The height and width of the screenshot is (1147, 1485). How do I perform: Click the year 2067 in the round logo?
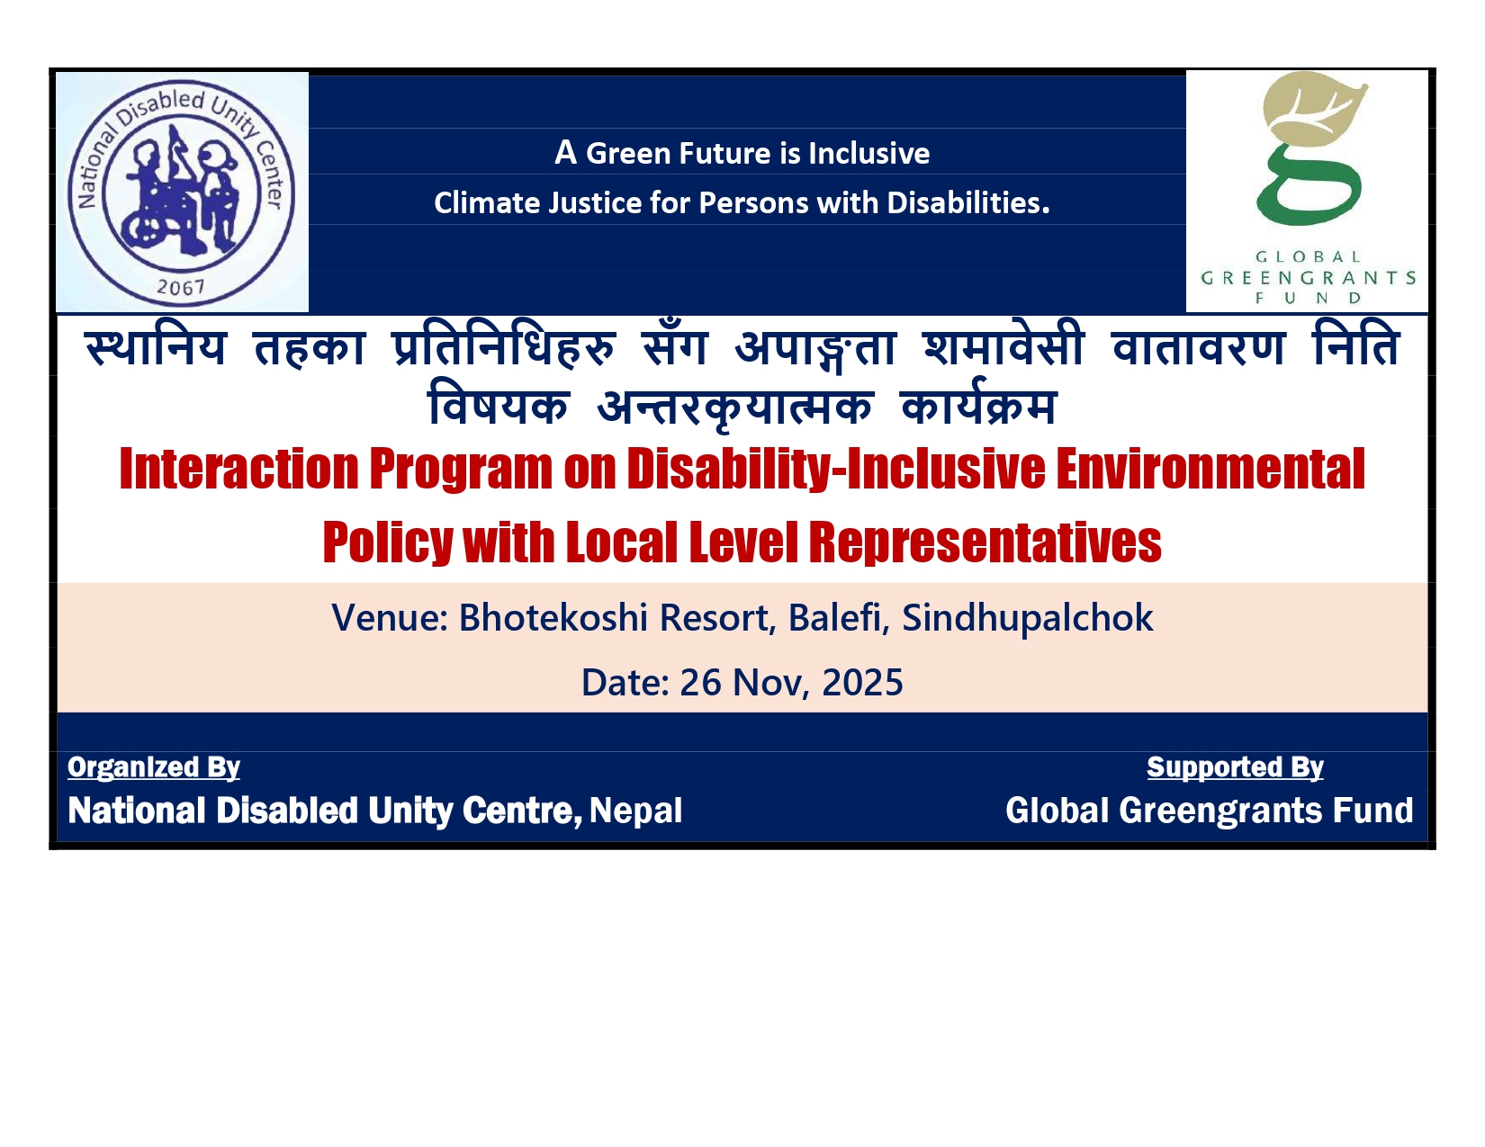(x=180, y=288)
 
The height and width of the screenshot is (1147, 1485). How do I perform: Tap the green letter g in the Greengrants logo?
(x=1308, y=185)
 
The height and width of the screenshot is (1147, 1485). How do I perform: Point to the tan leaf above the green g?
(x=1314, y=109)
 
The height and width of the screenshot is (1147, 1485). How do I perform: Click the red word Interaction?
(x=239, y=470)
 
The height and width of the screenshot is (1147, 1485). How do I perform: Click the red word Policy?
(x=388, y=543)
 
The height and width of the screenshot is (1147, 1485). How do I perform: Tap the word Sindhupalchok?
(x=1027, y=619)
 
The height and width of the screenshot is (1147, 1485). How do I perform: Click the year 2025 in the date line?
(x=862, y=683)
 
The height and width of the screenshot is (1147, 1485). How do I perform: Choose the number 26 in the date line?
(x=700, y=683)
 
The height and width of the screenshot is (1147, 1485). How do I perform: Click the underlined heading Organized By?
(x=154, y=768)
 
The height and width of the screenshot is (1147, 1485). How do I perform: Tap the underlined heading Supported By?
(x=1235, y=768)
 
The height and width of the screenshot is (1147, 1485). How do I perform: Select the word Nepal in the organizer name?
(x=635, y=811)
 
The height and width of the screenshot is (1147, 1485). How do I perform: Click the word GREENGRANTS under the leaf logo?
(x=1308, y=278)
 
